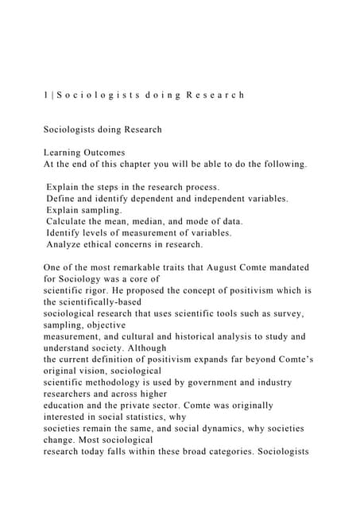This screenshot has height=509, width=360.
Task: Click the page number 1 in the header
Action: click(x=46, y=95)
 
